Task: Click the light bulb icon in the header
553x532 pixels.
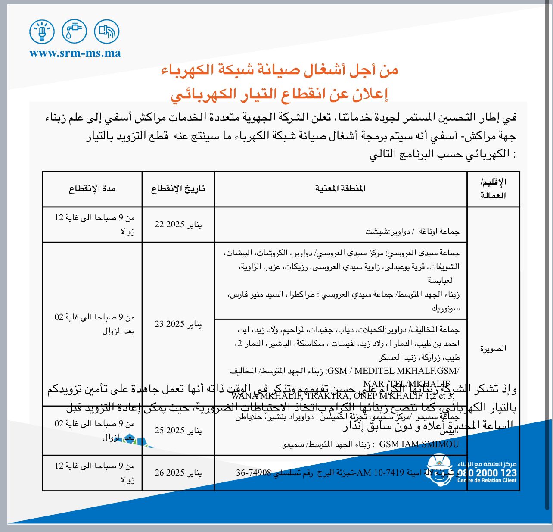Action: pos(42,31)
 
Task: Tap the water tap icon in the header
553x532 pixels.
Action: pos(74,31)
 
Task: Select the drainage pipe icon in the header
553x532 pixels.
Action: pos(106,31)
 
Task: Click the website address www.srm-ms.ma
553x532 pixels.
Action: pos(75,53)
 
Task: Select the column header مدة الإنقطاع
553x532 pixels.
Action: pos(92,189)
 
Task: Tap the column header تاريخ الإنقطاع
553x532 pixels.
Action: pos(178,189)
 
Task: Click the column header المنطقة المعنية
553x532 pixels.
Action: pos(340,188)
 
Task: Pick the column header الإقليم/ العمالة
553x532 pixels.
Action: pos(493,189)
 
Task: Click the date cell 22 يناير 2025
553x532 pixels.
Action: pos(178,225)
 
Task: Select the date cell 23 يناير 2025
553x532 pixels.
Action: pos(178,324)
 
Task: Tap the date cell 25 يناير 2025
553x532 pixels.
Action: pos(178,430)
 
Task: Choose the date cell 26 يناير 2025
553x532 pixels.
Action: pos(178,473)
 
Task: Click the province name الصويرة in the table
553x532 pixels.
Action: pos(493,348)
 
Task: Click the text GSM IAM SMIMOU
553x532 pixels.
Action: pos(419,444)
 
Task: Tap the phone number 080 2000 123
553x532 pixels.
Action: pos(487,473)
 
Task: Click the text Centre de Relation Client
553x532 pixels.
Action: pos(487,480)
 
